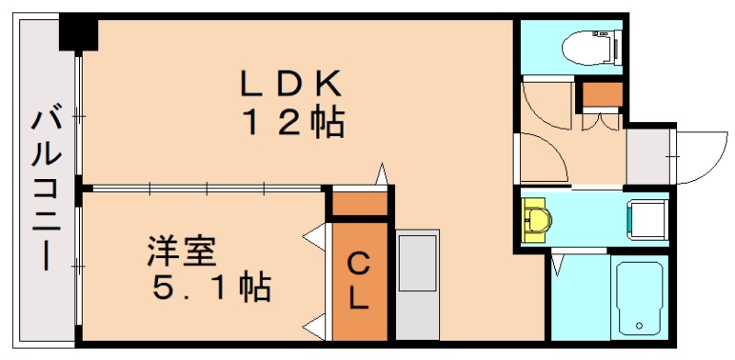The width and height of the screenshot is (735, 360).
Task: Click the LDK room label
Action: point(292,84)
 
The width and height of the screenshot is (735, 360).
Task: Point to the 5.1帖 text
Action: point(210,288)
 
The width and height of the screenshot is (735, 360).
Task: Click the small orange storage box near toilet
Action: point(603,95)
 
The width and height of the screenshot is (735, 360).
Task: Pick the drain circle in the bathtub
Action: point(640,326)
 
